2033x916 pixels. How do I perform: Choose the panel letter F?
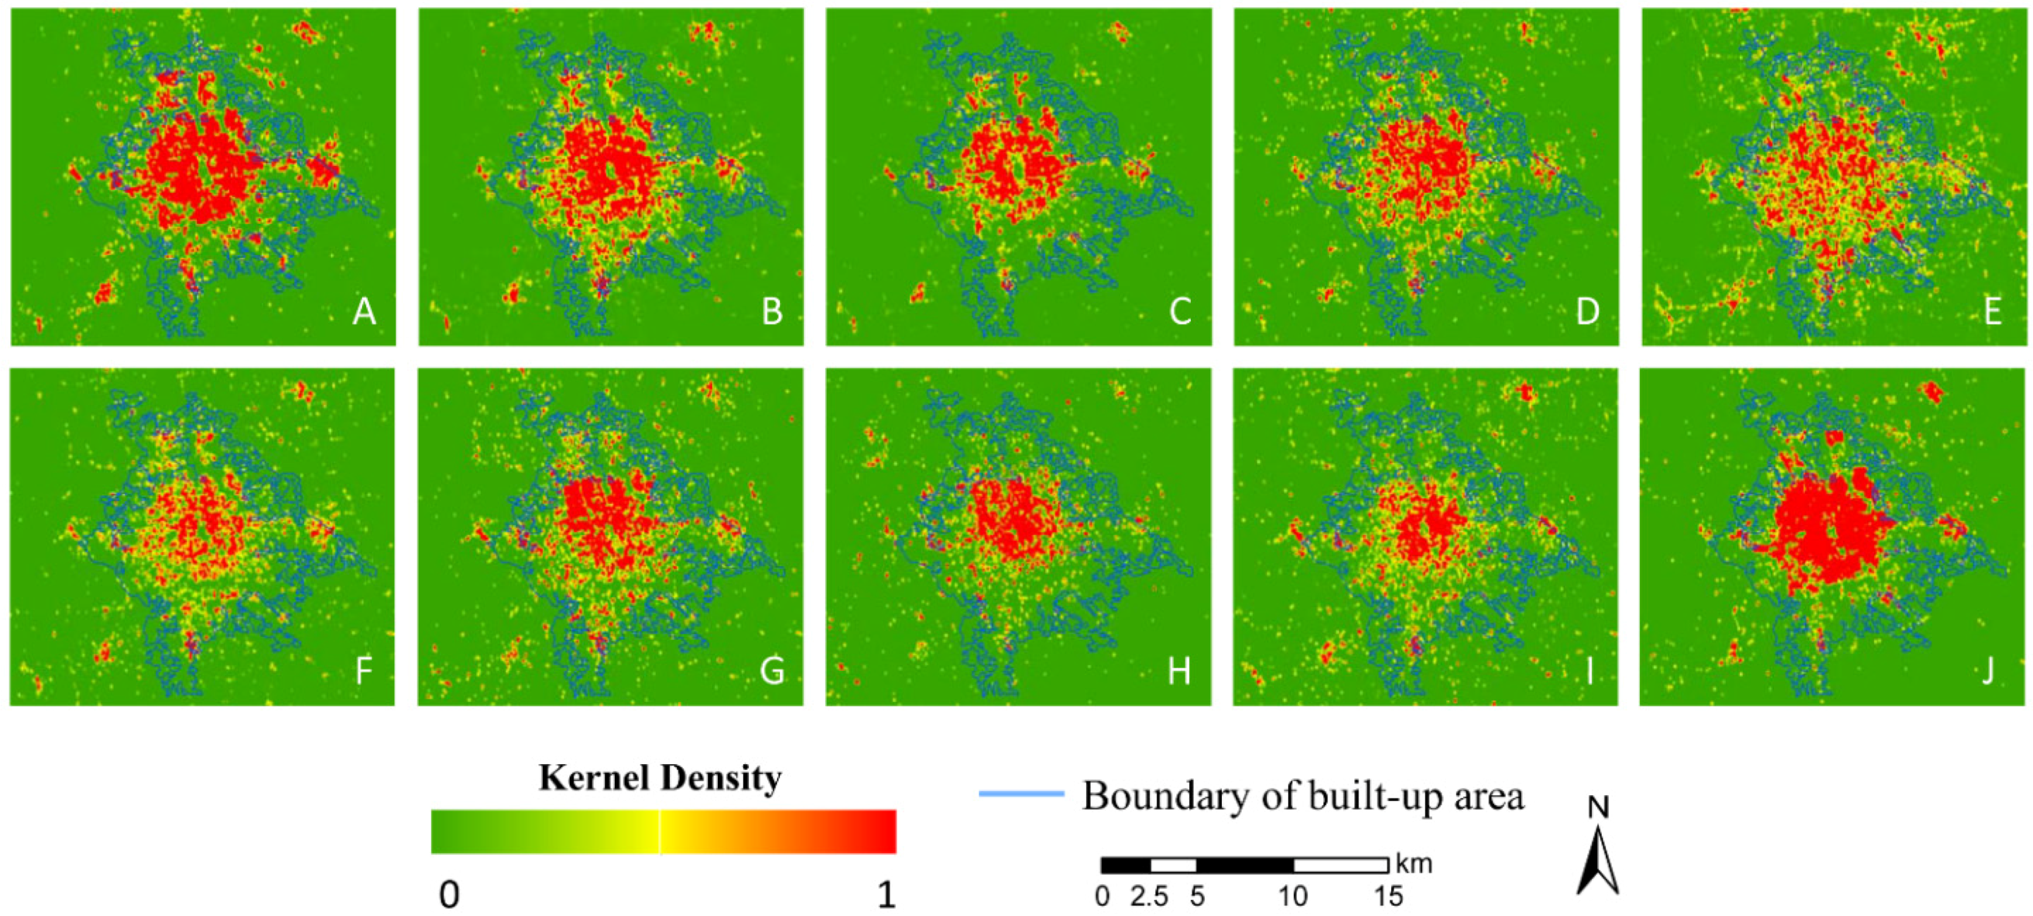click(364, 671)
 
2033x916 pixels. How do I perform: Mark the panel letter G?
click(771, 671)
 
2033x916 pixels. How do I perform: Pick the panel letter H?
click(1179, 671)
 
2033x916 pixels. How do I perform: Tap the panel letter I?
click(1589, 671)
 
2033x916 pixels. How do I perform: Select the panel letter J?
click(1988, 671)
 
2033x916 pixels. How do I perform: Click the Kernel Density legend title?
click(660, 779)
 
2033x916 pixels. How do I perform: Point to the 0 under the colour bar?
click(449, 895)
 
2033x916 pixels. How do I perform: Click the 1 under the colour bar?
click(886, 895)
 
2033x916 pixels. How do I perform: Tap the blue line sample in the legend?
click(1021, 793)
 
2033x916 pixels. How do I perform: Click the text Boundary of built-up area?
click(1303, 796)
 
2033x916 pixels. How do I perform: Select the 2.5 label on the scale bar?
click(1149, 897)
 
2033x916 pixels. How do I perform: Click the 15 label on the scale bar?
click(1388, 897)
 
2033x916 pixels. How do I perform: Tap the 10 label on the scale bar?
click(1293, 897)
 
